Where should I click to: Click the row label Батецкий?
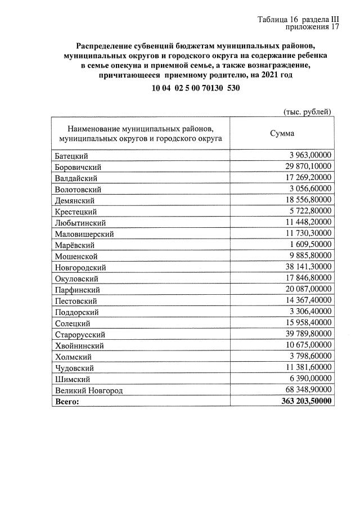point(73,156)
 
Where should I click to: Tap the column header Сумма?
point(282,133)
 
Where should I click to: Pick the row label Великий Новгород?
point(88,390)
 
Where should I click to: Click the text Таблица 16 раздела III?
point(298,19)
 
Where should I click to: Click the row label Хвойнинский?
point(79,345)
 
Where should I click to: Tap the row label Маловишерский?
point(84,233)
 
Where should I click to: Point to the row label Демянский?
point(74,200)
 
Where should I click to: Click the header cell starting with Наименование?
point(140,133)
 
